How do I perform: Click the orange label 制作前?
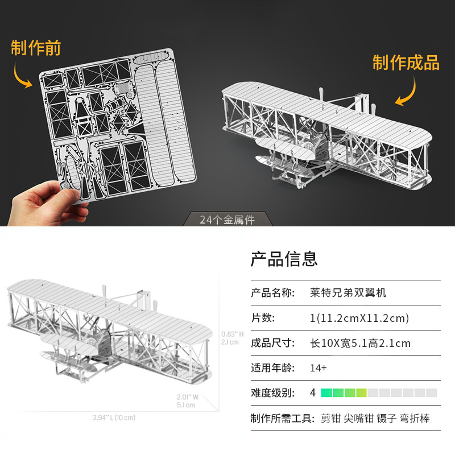pos(36,48)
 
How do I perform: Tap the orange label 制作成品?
pos(406,63)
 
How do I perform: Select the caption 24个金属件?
pos(227,220)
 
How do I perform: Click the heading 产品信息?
pos(284,259)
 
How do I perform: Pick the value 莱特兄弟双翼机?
pos(348,293)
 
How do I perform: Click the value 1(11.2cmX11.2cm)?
pos(359,318)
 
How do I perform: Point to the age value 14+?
pos(318,368)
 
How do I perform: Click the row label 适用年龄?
pos(272,368)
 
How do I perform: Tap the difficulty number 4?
pos(313,393)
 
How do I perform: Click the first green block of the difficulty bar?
pos(326,393)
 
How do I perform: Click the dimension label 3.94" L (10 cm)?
pos(114,417)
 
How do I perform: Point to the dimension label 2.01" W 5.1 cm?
pos(187,400)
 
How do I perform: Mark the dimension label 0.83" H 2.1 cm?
pos(233,338)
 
